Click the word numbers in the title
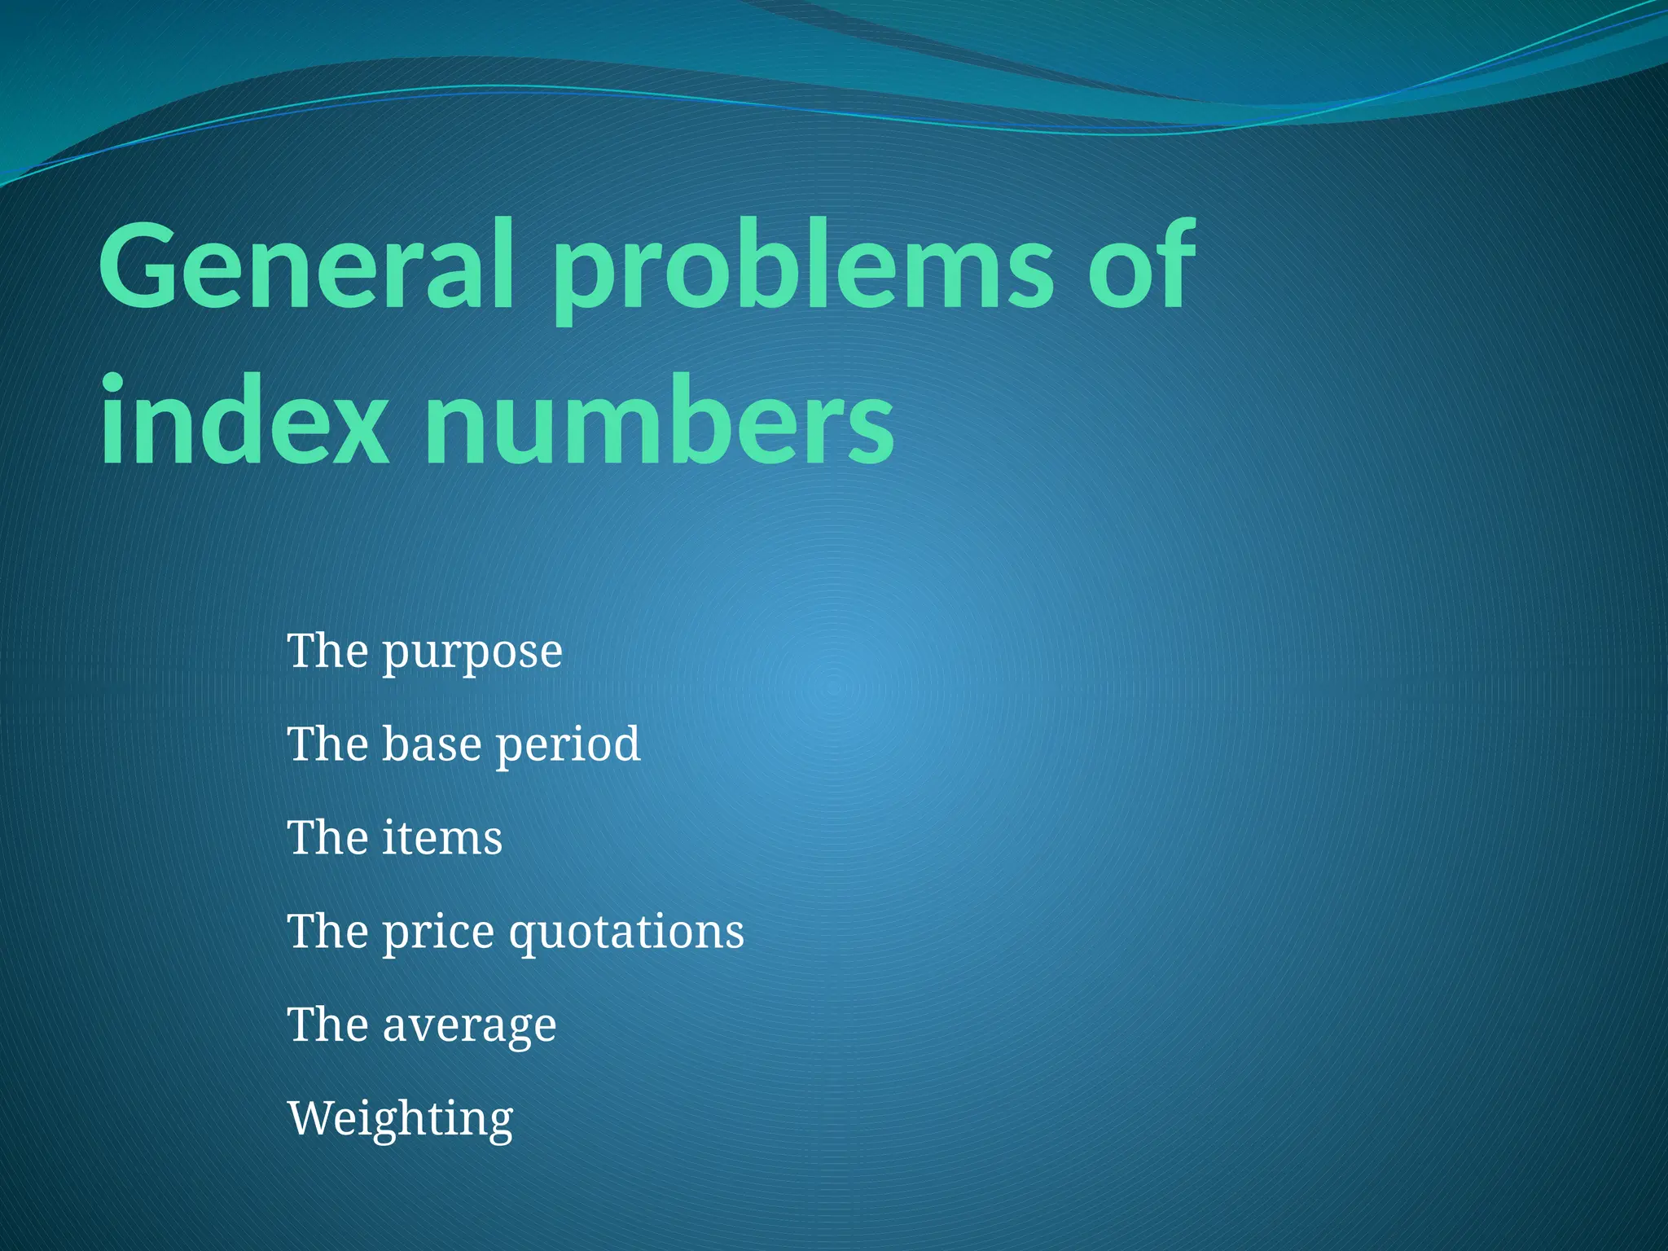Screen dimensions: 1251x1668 pyautogui.click(x=660, y=422)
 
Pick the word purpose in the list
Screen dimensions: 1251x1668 pyautogui.click(x=472, y=653)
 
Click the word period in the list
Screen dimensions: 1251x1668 pyautogui.click(x=568, y=746)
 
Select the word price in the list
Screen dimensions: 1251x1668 pyautogui.click(x=437, y=933)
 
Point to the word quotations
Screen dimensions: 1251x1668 pyautogui.click(x=626, y=933)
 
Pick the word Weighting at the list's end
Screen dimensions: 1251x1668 pyautogui.click(x=401, y=1120)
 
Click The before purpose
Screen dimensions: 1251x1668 pyautogui.click(x=327, y=652)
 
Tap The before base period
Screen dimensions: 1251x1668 pyautogui.click(x=327, y=744)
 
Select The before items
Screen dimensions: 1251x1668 pyautogui.click(x=327, y=838)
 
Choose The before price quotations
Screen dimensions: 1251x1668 pyautogui.click(x=327, y=932)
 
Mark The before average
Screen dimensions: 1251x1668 pyautogui.click(x=327, y=1025)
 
